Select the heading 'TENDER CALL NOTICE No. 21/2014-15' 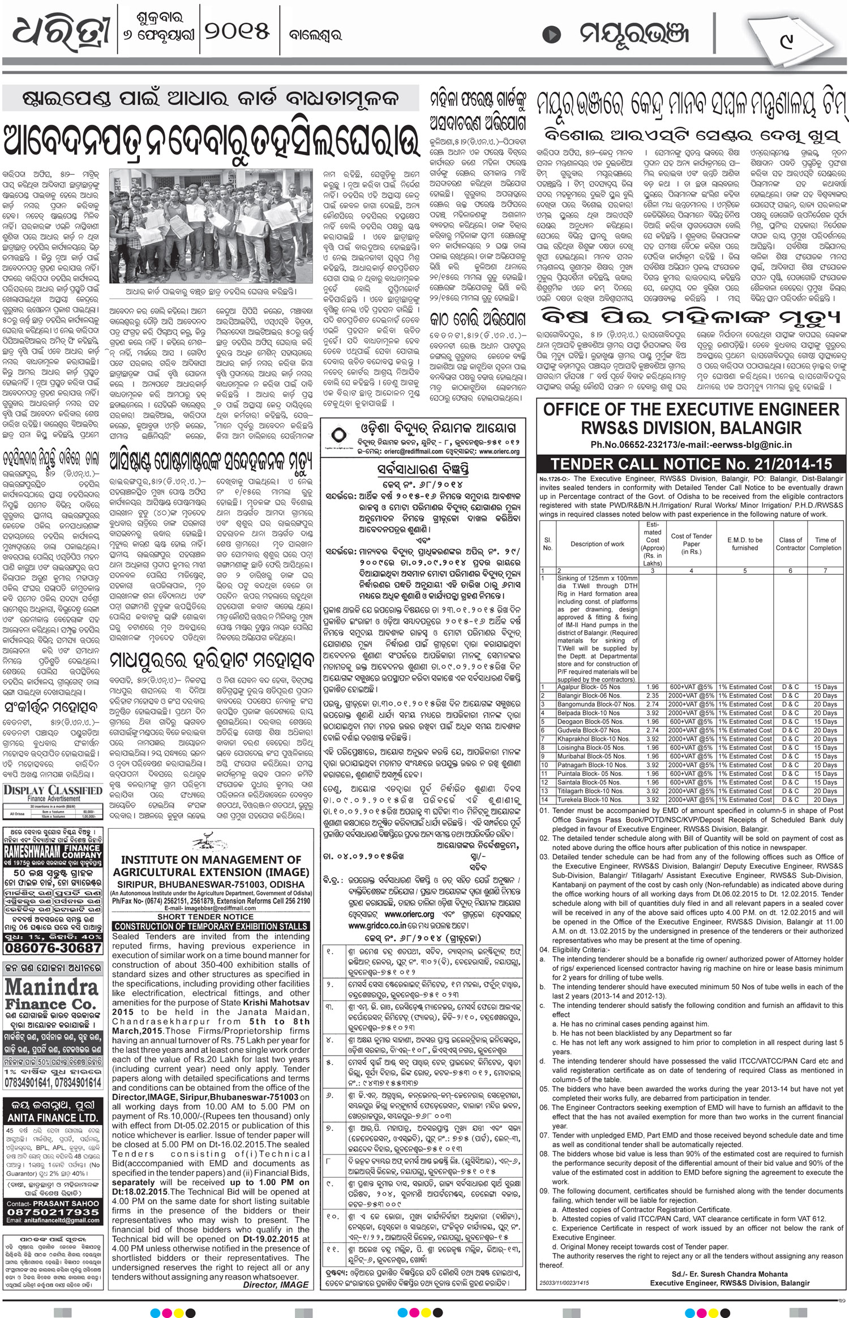[x=691, y=464]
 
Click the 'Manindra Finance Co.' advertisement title [x=53, y=997]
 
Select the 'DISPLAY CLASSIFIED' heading [x=53, y=790]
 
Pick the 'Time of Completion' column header [x=825, y=544]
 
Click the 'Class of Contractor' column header [x=790, y=544]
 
